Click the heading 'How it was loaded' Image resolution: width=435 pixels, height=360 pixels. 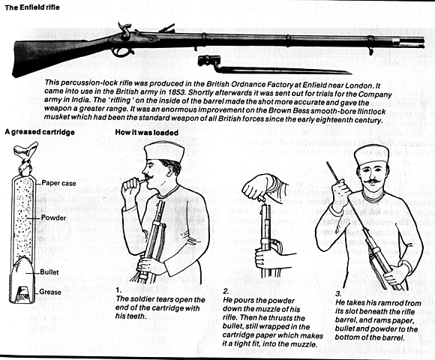pos(147,133)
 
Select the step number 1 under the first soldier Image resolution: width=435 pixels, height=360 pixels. pos(118,289)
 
